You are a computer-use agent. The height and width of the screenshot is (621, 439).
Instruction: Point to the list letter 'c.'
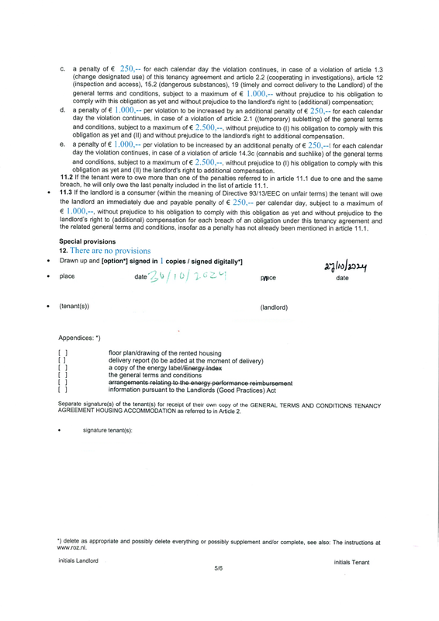(62, 70)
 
